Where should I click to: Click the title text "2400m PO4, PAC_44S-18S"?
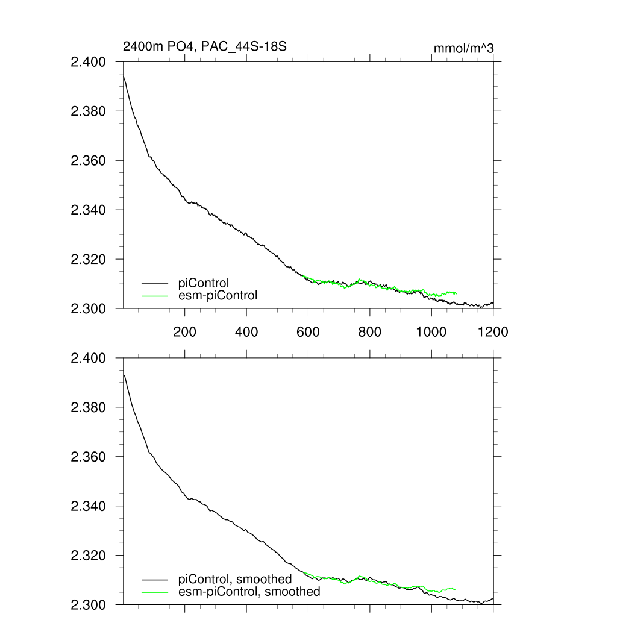199,46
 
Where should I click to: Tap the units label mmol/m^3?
464,48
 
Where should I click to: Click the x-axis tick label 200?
184,331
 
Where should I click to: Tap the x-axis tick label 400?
246,331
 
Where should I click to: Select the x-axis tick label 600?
308,331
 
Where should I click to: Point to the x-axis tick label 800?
370,331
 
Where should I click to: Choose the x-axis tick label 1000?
431,331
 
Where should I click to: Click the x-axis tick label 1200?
493,331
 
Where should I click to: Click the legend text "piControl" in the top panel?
204,283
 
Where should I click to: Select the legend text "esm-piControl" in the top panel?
218,295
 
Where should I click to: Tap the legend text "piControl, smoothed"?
235,579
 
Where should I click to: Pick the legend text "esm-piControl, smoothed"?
249,592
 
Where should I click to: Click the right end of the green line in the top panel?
456,293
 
